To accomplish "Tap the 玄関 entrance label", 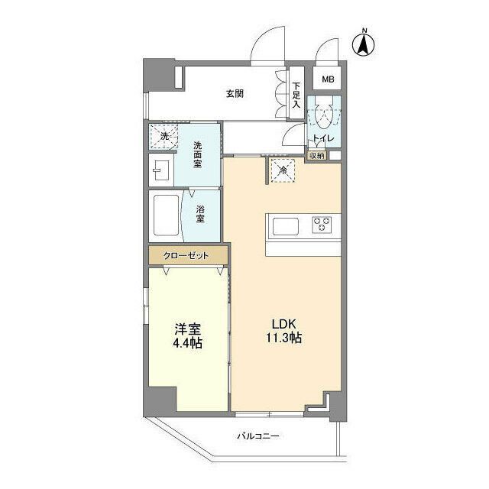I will (x=235, y=95).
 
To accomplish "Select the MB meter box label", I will (x=327, y=79).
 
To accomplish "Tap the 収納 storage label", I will (x=317, y=155).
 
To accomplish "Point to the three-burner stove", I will (x=321, y=225).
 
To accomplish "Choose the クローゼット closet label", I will (x=188, y=255).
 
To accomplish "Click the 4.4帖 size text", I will (x=188, y=345).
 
